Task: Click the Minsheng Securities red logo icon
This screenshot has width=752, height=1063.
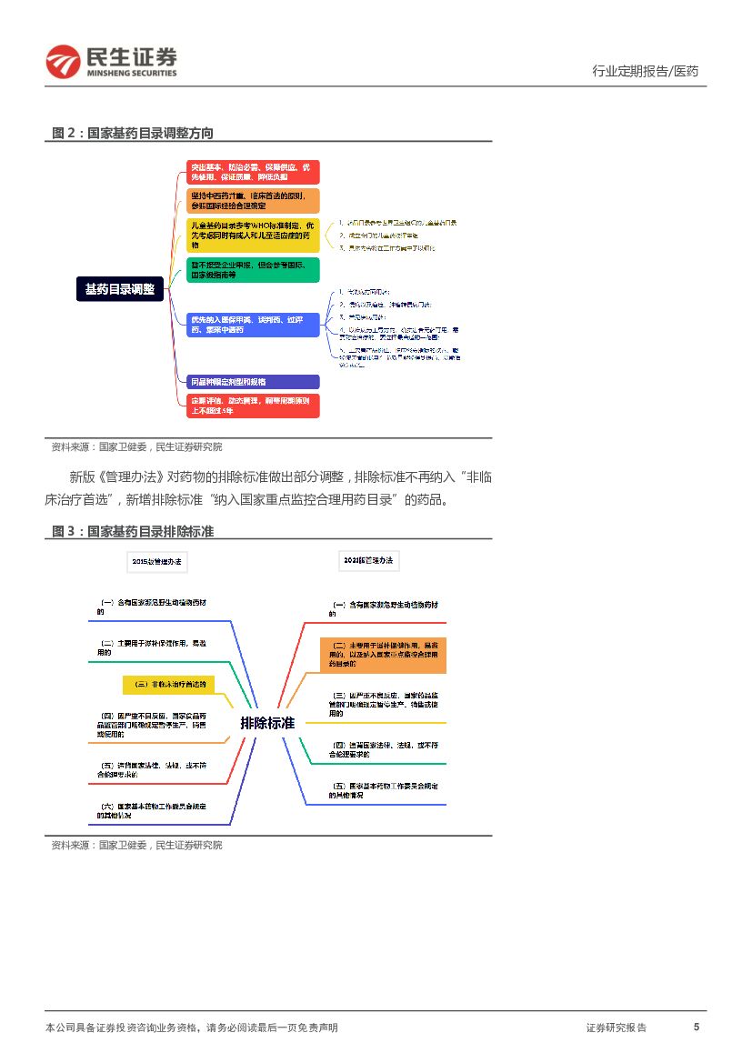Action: pos(63,61)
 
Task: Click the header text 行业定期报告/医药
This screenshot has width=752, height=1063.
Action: pos(645,71)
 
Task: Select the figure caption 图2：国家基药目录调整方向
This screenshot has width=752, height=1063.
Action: pos(133,133)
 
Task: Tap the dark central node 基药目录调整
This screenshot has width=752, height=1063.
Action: pos(120,289)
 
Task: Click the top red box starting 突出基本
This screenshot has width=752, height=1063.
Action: pos(254,172)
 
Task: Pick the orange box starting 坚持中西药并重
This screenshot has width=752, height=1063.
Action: pos(254,200)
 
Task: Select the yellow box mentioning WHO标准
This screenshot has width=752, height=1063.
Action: pos(254,235)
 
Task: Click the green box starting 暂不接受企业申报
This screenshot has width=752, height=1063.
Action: pos(254,269)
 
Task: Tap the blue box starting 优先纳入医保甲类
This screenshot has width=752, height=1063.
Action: pos(254,325)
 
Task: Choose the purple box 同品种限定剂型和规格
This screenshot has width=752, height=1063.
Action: pos(254,382)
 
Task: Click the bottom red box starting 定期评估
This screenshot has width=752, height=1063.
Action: pos(254,406)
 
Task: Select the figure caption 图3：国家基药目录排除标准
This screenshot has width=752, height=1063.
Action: pos(133,531)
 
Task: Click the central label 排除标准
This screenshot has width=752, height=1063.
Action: pos(267,723)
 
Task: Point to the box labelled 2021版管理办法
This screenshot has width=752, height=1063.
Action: pos(368,561)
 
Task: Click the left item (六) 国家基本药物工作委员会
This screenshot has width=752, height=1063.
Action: pos(153,810)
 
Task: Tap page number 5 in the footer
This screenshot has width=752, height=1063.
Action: pos(697,1027)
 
